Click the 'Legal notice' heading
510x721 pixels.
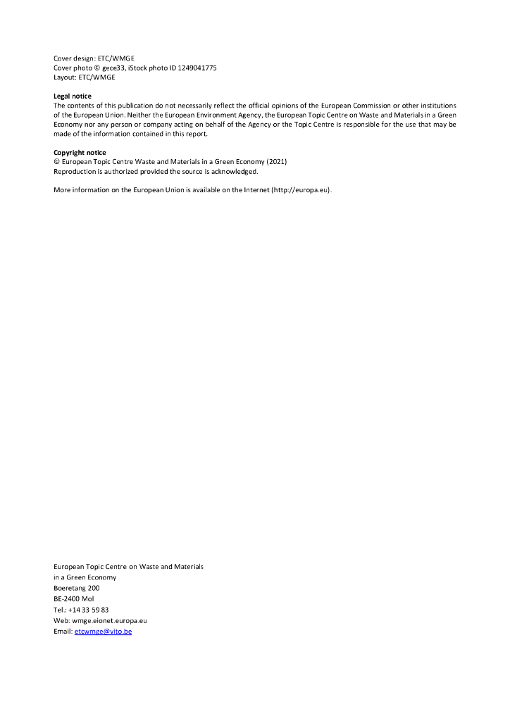point(73,96)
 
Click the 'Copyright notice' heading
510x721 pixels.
point(80,152)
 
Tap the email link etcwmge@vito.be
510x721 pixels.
point(103,632)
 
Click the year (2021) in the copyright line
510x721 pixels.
point(275,162)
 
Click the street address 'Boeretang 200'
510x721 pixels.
point(76,588)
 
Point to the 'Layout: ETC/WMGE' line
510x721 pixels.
point(84,77)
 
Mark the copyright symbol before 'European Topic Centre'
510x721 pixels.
point(56,162)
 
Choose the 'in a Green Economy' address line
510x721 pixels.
point(85,577)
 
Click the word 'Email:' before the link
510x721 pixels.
point(63,632)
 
